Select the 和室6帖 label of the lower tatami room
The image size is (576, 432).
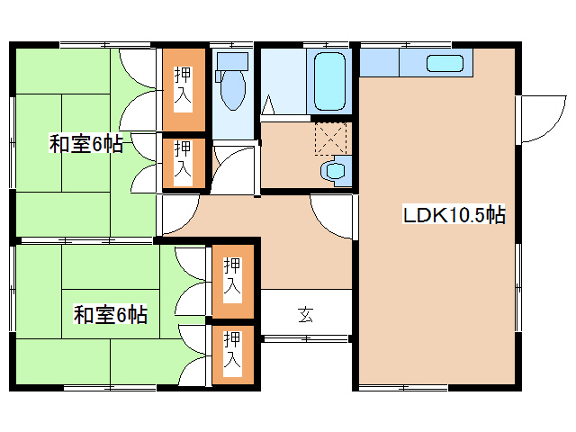tap(111, 315)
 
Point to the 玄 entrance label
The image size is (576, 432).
tap(306, 314)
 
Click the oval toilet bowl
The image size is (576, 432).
tap(231, 91)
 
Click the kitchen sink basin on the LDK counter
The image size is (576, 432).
tap(445, 63)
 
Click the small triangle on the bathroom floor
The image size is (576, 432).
tap(267, 107)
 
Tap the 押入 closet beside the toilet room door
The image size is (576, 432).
tap(184, 159)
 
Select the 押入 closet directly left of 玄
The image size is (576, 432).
tap(232, 278)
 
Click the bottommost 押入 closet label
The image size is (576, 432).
tap(232, 353)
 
